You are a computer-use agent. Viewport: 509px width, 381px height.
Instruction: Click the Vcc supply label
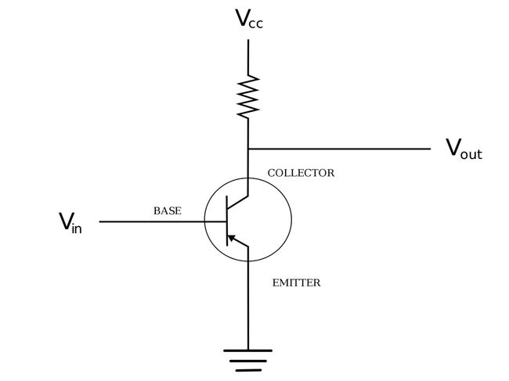pyautogui.click(x=249, y=19)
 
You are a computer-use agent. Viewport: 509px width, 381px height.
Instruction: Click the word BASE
pyautogui.click(x=167, y=211)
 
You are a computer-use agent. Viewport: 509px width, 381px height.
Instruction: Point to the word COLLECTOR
pyautogui.click(x=301, y=173)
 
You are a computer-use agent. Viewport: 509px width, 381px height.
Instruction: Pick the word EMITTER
pyautogui.click(x=296, y=282)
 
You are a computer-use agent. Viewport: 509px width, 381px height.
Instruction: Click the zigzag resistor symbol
pyautogui.click(x=248, y=95)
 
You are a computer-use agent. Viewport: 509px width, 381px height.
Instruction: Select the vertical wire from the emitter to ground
pyautogui.click(x=248, y=305)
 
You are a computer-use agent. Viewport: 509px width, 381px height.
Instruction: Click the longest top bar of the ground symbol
pyautogui.click(x=248, y=350)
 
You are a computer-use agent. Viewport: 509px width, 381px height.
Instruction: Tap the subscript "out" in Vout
pyautogui.click(x=471, y=154)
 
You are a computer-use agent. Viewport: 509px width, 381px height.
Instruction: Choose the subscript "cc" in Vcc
pyautogui.click(x=256, y=23)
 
